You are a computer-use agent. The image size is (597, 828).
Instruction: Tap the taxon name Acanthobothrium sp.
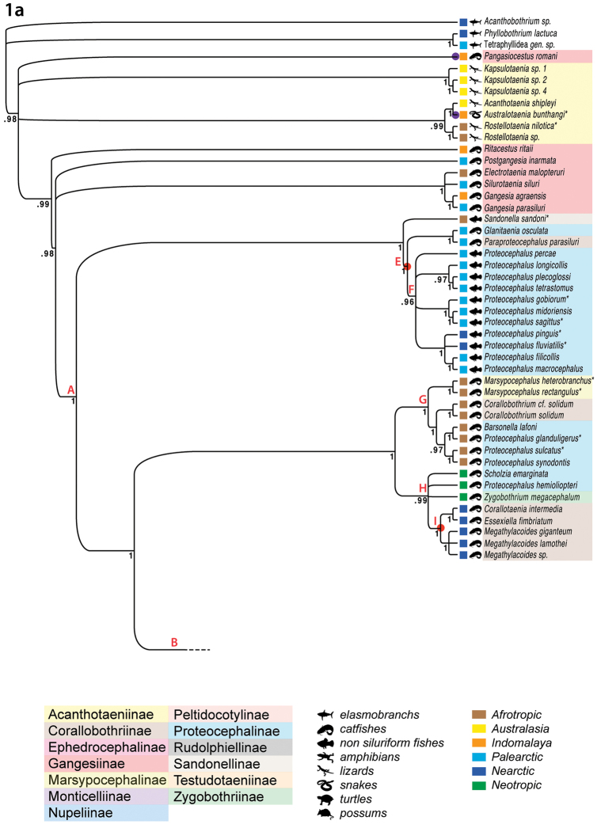(518, 22)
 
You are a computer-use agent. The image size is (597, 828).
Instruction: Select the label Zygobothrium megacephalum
(527, 496)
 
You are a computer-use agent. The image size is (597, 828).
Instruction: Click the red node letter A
(70, 389)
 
